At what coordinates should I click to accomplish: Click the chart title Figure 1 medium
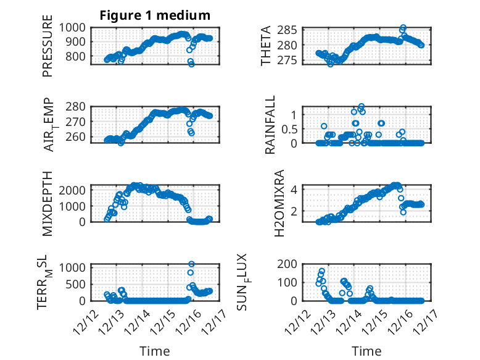[155, 15]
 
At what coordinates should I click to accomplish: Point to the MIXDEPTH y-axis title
[48, 203]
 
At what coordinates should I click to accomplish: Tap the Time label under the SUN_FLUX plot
[366, 351]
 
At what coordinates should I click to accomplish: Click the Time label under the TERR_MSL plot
[154, 351]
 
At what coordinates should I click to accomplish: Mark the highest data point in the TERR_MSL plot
[191, 264]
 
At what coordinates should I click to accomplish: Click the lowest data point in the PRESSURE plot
[191, 64]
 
